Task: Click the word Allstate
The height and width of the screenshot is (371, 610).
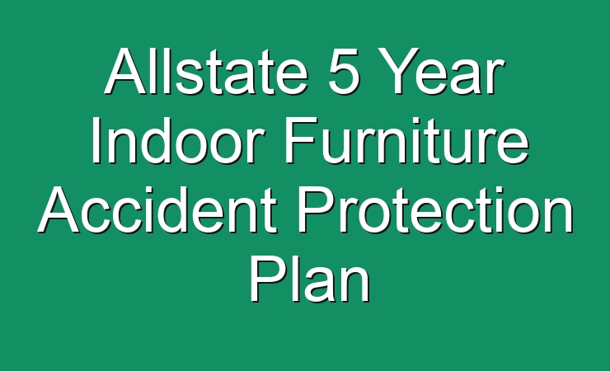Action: [206, 71]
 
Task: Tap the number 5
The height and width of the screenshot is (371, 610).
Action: [343, 72]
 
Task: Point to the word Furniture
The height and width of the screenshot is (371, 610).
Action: [406, 140]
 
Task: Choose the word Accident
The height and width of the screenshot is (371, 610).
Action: [157, 209]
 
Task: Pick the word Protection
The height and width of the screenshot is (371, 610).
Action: [435, 209]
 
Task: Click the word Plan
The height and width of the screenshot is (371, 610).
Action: [310, 279]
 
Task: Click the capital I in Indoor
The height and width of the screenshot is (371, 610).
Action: [96, 140]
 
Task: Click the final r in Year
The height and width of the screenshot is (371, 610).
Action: [496, 77]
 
